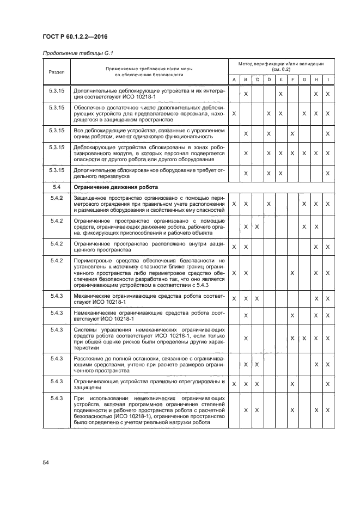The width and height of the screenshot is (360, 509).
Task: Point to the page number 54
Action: (46, 463)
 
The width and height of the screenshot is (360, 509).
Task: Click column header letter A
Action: (234, 80)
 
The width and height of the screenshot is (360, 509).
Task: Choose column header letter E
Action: (280, 80)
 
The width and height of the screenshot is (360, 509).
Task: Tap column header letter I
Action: (327, 80)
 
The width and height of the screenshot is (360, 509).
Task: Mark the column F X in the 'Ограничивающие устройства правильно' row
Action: (292, 384)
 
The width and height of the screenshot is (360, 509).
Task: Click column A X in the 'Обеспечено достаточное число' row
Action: (234, 114)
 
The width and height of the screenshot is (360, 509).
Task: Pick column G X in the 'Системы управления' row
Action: (304, 338)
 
